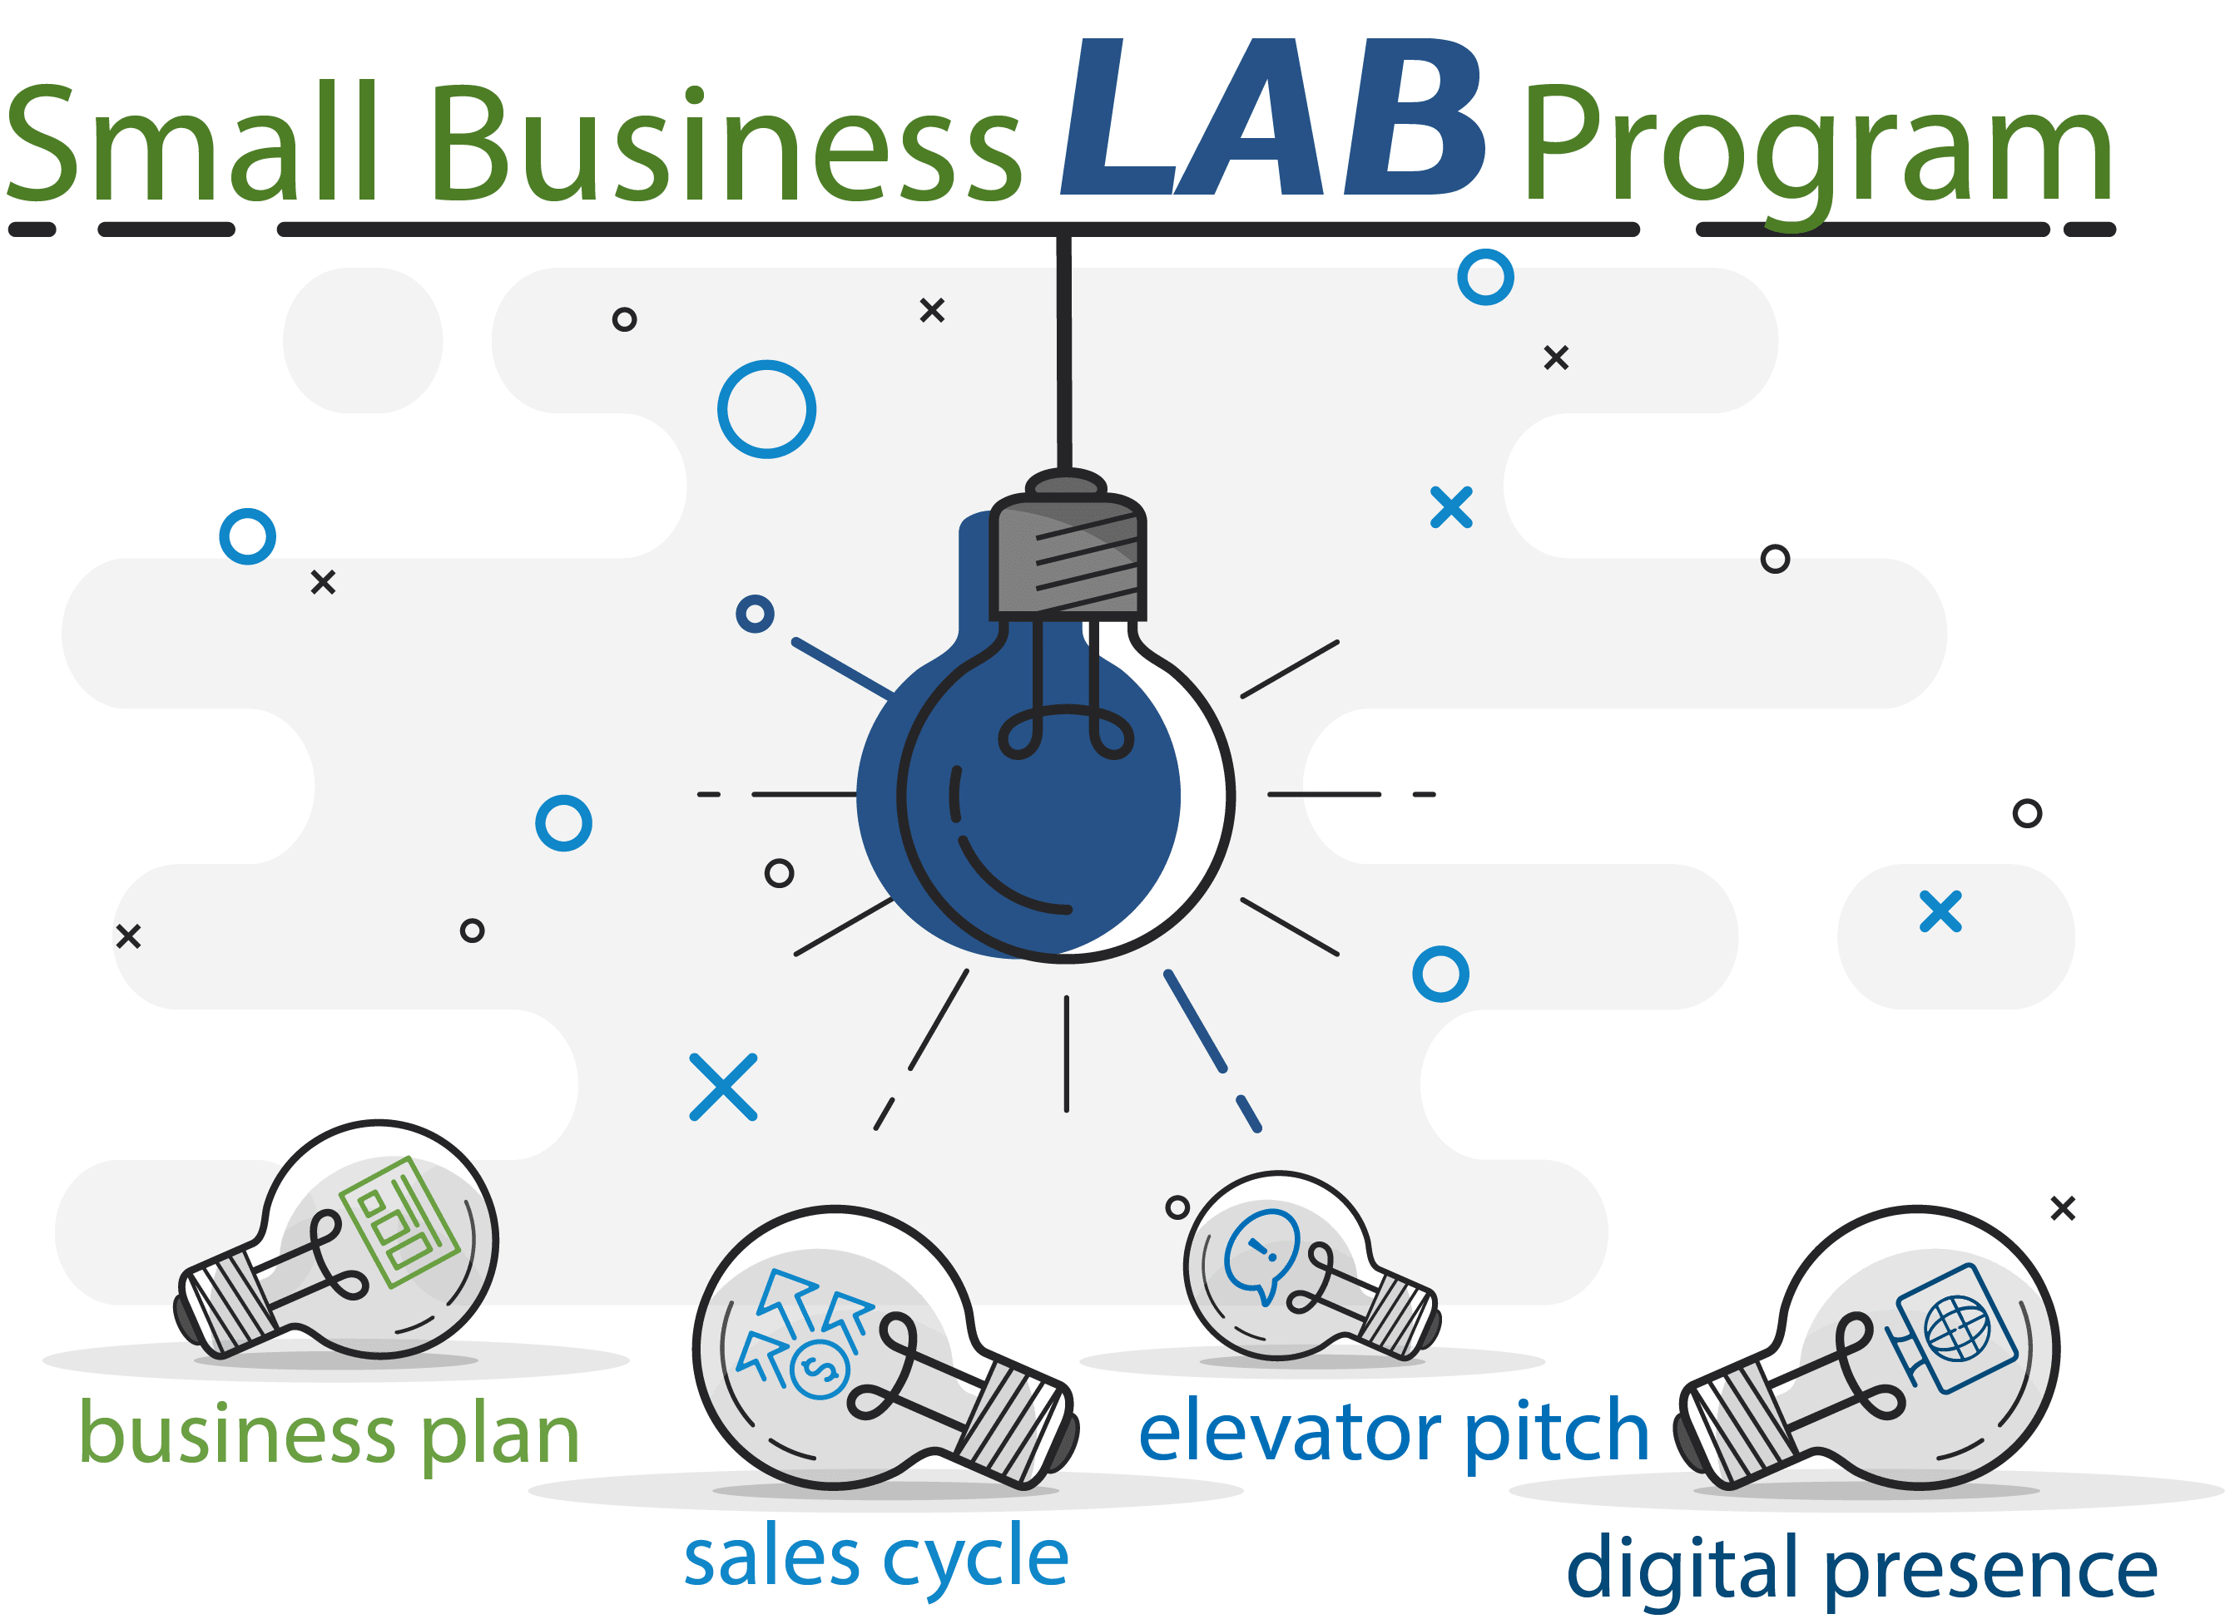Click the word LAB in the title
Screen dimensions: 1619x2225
(x=1272, y=120)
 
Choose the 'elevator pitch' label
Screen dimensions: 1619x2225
(x=1393, y=1434)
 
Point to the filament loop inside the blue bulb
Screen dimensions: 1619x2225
(x=1065, y=733)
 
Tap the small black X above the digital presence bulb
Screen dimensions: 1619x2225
(x=2063, y=1208)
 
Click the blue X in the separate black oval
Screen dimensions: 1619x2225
(x=1940, y=911)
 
